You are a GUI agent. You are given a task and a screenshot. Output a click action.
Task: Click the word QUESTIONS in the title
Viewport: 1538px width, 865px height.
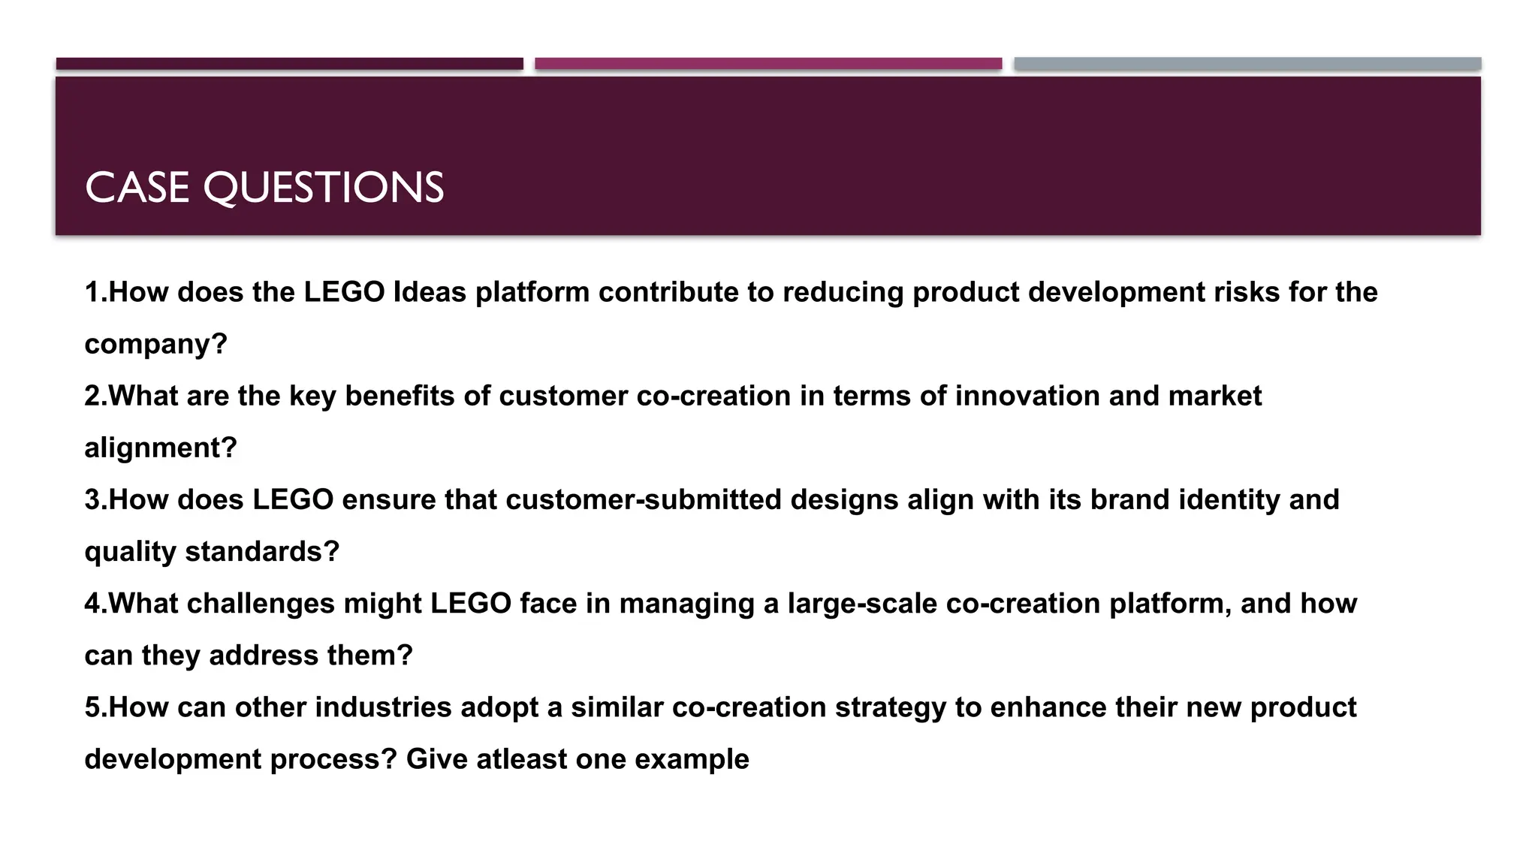click(x=324, y=188)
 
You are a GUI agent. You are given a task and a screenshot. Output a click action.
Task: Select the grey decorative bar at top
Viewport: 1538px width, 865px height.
click(x=1247, y=64)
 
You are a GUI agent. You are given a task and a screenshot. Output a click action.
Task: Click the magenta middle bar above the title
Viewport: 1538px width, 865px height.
click(x=768, y=64)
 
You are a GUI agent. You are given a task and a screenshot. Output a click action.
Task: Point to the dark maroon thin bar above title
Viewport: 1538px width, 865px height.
click(x=289, y=64)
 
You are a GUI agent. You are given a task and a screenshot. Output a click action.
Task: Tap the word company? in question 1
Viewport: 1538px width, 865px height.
click(x=155, y=344)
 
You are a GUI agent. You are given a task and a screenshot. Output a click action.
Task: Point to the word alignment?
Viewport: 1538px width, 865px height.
click(x=161, y=448)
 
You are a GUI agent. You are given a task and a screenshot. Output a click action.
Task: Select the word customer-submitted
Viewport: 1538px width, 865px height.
click(x=644, y=499)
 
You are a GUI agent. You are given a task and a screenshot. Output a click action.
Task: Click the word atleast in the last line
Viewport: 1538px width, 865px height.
click(x=522, y=759)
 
